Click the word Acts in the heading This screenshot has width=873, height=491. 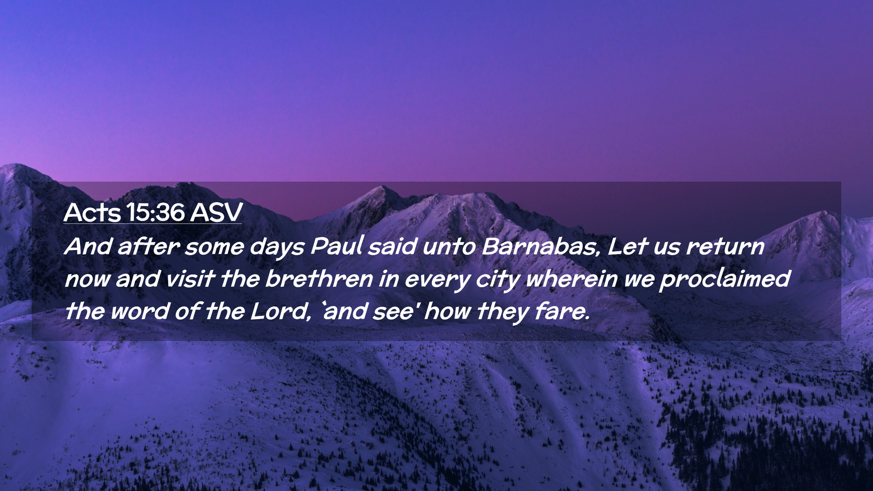(x=93, y=212)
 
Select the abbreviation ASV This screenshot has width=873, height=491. (x=216, y=212)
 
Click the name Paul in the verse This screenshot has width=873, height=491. (x=337, y=246)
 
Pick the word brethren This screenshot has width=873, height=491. (x=319, y=279)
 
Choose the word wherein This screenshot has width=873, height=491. (x=572, y=279)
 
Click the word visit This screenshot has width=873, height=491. (x=190, y=279)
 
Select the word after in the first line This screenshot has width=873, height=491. (x=149, y=246)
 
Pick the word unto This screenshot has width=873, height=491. (x=449, y=247)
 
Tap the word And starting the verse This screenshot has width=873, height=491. (x=88, y=246)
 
